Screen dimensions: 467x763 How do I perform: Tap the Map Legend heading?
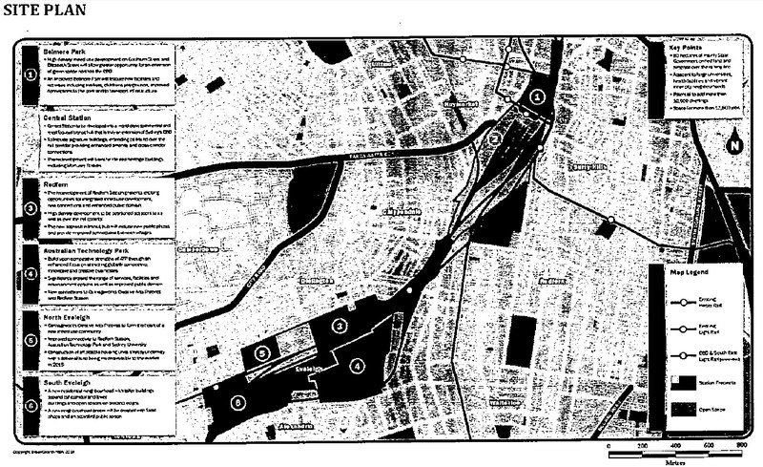[x=691, y=274]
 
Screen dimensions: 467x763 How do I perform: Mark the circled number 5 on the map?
[x=264, y=352]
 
